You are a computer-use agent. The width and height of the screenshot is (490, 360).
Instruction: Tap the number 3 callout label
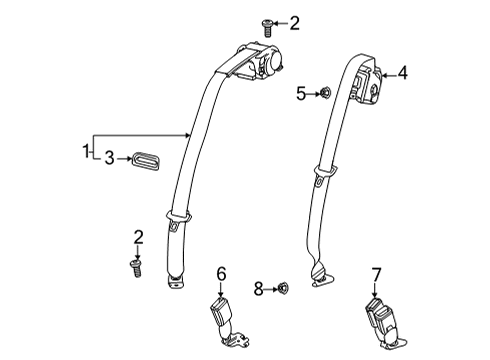(x=111, y=158)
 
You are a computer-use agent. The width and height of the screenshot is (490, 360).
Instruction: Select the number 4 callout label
(x=403, y=72)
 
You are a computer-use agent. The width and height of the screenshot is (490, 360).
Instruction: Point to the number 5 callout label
(x=300, y=94)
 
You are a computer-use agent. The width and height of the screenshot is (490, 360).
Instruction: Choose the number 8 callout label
(x=257, y=290)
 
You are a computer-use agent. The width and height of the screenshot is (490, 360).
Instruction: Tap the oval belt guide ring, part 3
(x=146, y=159)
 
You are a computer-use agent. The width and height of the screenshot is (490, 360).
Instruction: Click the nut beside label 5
(x=325, y=94)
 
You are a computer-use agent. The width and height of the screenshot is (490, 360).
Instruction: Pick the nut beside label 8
(x=284, y=290)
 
